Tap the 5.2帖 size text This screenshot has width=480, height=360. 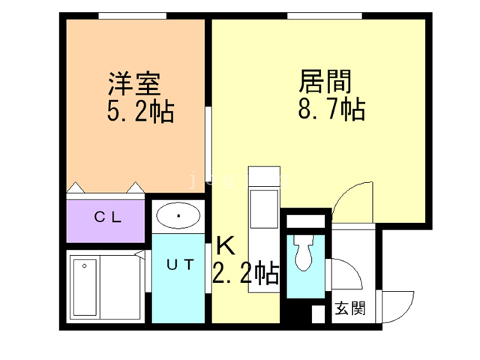(140, 112)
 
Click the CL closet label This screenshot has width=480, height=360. (106, 217)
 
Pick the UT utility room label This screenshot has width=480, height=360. (180, 264)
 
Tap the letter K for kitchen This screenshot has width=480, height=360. (225, 245)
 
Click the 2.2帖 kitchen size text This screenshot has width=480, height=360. (246, 272)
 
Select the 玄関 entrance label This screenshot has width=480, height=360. (349, 307)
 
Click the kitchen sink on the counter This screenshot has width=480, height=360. (263, 203)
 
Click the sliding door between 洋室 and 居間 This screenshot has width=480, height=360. (208, 142)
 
